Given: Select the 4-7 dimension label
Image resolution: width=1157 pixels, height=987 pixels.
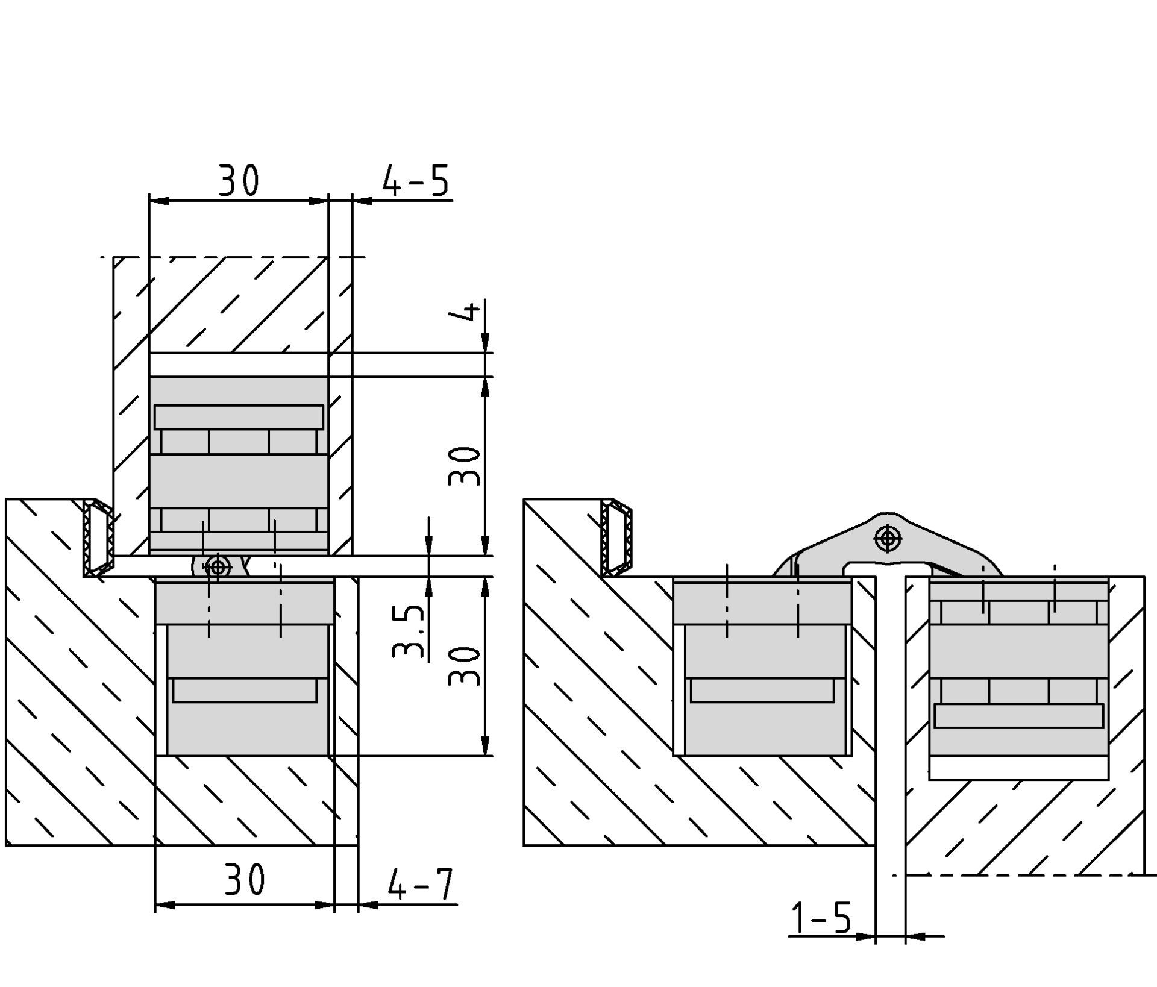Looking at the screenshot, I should point(420,883).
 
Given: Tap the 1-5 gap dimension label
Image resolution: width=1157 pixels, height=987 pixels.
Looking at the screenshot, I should point(821,918).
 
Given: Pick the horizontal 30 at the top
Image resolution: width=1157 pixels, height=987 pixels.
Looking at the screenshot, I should point(239,180).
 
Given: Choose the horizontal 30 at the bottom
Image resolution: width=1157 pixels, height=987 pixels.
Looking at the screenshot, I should point(245,880).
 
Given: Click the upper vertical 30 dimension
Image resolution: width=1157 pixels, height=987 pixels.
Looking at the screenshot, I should point(465,466).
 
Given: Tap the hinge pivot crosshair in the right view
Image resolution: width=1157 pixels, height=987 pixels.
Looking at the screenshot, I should point(887,538).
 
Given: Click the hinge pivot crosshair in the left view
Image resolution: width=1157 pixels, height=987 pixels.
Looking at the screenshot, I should point(218,566).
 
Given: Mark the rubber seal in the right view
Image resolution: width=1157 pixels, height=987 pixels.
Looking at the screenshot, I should point(616,538).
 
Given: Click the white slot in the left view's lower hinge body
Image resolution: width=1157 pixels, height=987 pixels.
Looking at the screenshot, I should point(244,691).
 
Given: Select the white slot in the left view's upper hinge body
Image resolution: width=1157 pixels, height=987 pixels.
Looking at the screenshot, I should point(239,417).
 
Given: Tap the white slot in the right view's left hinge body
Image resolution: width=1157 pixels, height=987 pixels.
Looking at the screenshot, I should point(762,691).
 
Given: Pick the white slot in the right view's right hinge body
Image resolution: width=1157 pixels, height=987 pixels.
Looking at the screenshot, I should point(1018,716).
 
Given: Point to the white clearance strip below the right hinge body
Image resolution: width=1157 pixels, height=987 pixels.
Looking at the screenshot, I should point(1018,768).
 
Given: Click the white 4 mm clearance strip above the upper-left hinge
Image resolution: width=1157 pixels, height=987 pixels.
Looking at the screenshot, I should point(239,365).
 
